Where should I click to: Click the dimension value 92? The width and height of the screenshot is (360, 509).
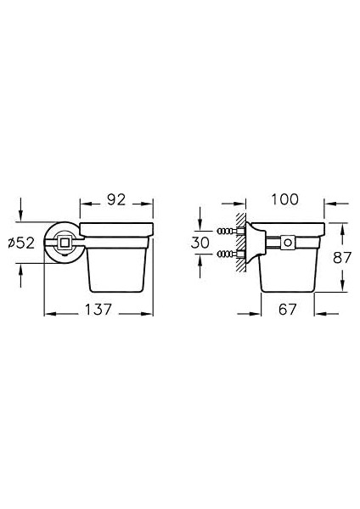pyautogui.click(x=116, y=200)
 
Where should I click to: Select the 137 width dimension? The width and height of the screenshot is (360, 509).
pyautogui.click(x=98, y=310)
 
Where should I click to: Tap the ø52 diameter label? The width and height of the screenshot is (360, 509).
pyautogui.click(x=21, y=243)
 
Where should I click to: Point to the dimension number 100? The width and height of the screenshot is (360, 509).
pyautogui.click(x=284, y=199)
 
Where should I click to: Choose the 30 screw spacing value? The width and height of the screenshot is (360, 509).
pyautogui.click(x=200, y=243)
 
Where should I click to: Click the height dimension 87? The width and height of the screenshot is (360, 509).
pyautogui.click(x=342, y=258)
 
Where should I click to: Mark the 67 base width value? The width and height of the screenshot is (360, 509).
pyautogui.click(x=288, y=310)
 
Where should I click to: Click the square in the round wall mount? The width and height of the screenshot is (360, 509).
pyautogui.click(x=64, y=242)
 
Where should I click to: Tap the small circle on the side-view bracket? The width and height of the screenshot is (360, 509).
pyautogui.click(x=287, y=242)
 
